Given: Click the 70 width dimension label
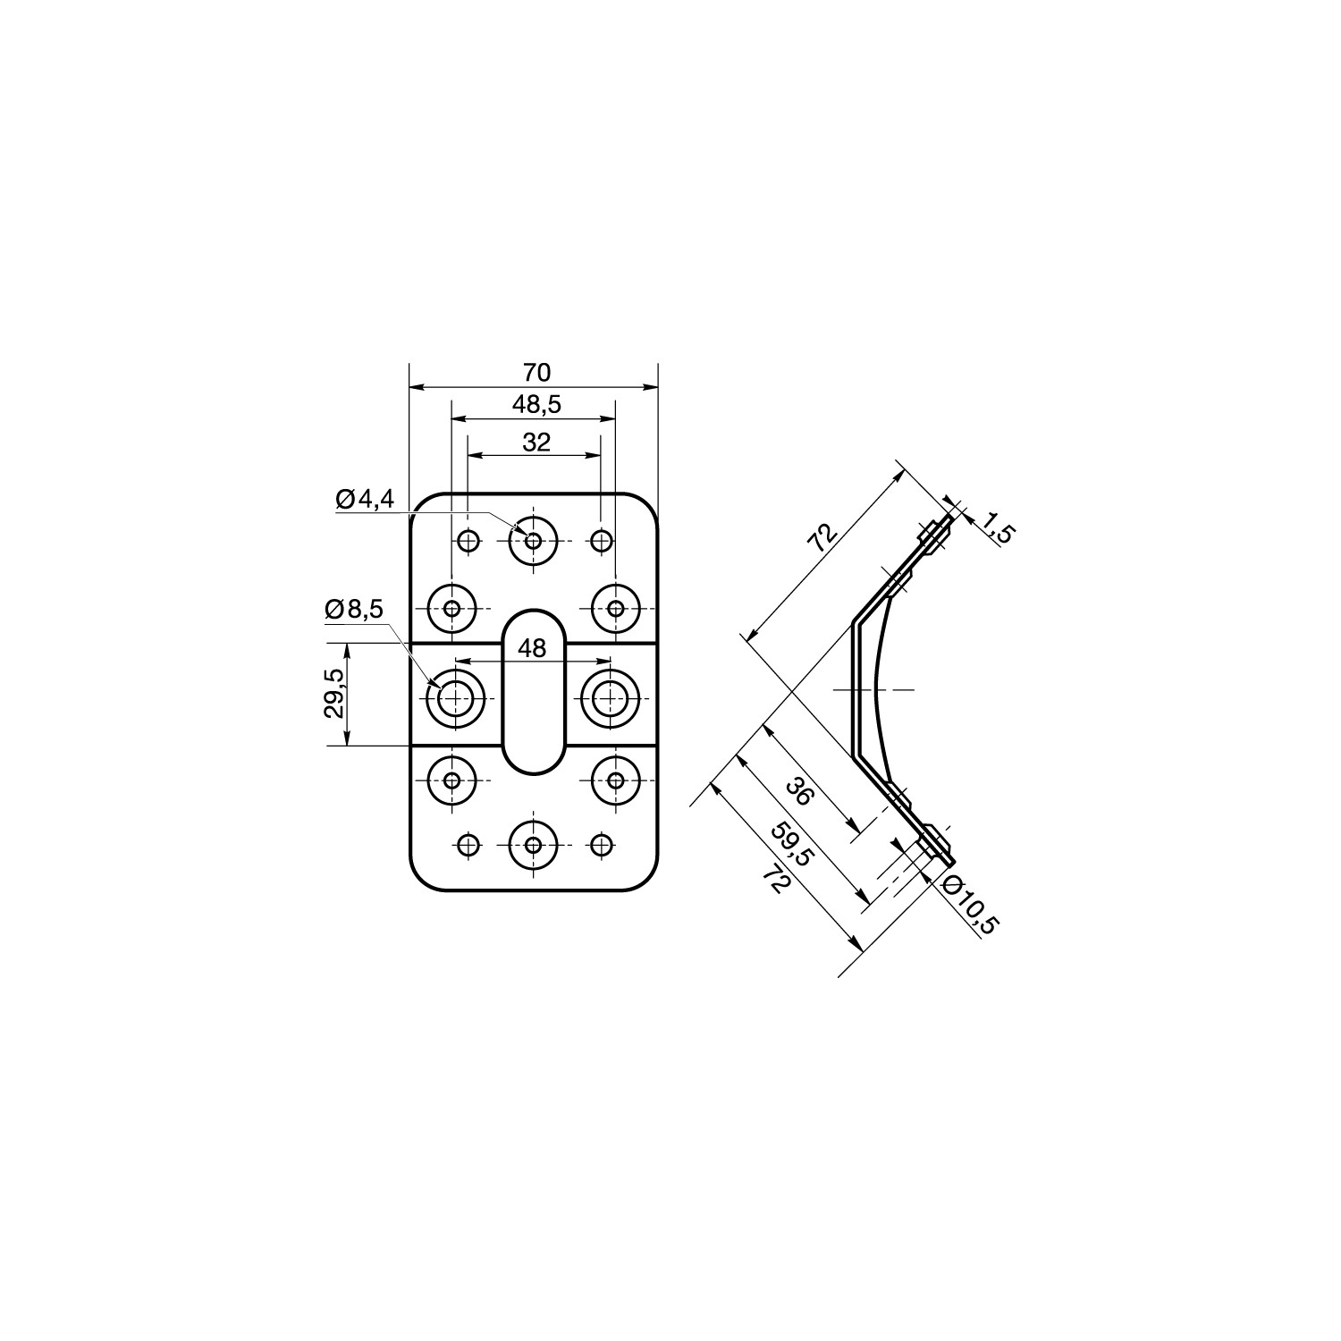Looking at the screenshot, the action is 536,372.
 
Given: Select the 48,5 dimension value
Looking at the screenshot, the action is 536,405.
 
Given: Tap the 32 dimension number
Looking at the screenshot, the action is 536,442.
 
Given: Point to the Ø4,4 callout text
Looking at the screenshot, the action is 365,500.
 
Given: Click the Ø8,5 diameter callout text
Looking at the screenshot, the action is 354,610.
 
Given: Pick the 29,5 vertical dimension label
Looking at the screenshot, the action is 333,694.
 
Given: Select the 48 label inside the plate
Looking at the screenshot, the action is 532,648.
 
